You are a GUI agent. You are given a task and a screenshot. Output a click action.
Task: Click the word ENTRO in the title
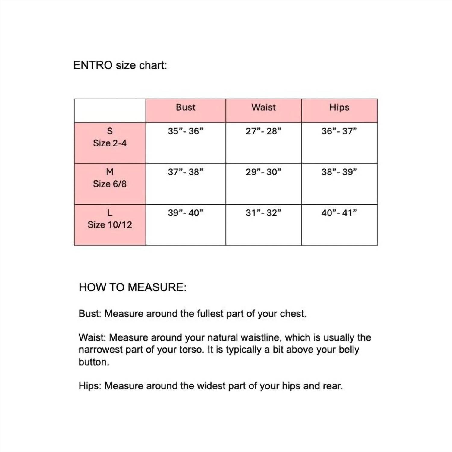(x=93, y=65)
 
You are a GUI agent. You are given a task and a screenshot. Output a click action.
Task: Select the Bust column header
(x=186, y=108)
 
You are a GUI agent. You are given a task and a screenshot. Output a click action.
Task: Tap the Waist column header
(x=264, y=108)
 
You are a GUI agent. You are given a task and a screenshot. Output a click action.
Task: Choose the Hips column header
(x=339, y=108)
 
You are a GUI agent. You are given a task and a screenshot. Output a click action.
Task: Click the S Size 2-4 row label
(x=110, y=137)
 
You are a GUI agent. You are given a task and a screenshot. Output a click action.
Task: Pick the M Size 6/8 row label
(x=110, y=178)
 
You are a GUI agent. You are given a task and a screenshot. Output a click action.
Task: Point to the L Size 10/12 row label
(x=110, y=219)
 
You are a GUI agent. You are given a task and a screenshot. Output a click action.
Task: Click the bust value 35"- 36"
(x=186, y=131)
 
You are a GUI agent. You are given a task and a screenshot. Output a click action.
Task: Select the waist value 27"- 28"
(x=263, y=131)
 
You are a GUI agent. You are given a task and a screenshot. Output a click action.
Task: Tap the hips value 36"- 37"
(x=339, y=131)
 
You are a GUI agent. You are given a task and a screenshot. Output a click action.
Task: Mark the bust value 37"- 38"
(x=186, y=172)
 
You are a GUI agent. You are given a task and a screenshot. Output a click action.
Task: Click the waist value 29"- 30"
(x=263, y=172)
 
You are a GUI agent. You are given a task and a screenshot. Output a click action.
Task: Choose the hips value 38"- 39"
(x=339, y=172)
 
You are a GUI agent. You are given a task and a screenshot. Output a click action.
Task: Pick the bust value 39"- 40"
(x=186, y=213)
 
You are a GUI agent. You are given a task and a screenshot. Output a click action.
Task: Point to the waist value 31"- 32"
(x=263, y=213)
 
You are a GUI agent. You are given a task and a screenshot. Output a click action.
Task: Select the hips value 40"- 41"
(x=339, y=213)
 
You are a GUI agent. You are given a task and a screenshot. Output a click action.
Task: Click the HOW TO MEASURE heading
(x=133, y=287)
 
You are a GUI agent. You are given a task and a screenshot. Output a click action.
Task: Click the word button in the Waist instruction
(x=93, y=362)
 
